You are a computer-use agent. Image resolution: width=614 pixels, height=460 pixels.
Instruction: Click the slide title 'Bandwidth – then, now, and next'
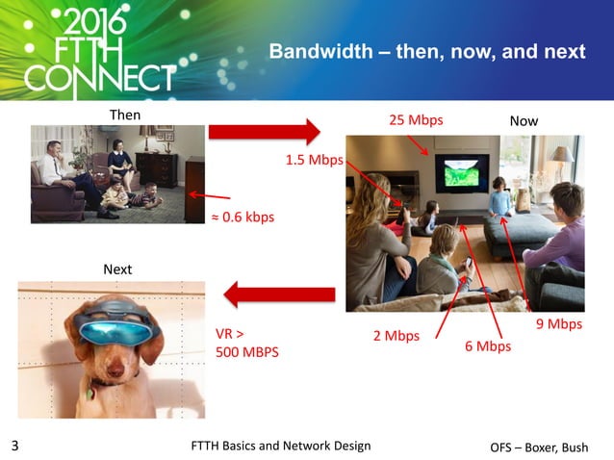[425, 51]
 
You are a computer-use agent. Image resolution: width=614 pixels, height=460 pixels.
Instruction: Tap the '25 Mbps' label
[415, 121]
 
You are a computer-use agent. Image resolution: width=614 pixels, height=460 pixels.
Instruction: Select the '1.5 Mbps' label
[314, 160]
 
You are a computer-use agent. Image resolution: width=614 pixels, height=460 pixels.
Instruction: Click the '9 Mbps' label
[558, 324]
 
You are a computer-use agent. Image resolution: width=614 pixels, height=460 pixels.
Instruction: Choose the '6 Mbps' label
[487, 345]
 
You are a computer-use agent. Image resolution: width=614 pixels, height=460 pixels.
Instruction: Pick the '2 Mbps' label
[396, 336]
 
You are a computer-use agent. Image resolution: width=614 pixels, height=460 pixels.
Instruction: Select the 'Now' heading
[524, 121]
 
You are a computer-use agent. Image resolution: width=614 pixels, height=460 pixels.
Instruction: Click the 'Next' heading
[118, 269]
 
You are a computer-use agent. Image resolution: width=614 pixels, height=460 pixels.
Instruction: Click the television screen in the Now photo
[457, 173]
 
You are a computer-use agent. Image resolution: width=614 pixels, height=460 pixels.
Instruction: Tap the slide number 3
[14, 446]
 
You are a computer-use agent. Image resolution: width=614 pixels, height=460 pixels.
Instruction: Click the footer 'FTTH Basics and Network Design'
[281, 445]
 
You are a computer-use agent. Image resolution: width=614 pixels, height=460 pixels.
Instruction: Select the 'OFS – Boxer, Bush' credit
[545, 447]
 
